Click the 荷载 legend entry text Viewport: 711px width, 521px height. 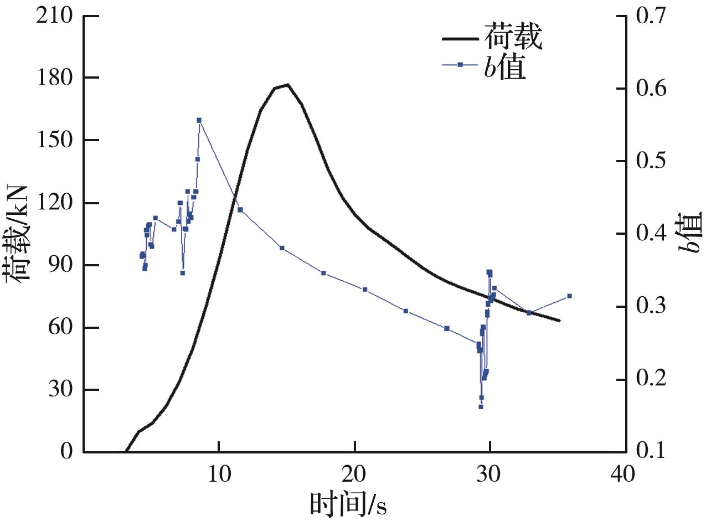[513, 37]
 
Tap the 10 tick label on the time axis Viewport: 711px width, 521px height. [219, 474]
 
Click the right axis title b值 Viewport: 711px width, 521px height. [692, 233]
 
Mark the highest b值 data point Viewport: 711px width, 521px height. [199, 120]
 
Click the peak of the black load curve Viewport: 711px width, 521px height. [287, 85]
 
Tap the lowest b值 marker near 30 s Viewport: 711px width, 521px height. [481, 406]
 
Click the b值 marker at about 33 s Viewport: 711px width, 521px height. [529, 313]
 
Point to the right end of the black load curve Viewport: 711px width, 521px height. [560, 321]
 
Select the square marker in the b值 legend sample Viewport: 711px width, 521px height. [460, 65]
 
